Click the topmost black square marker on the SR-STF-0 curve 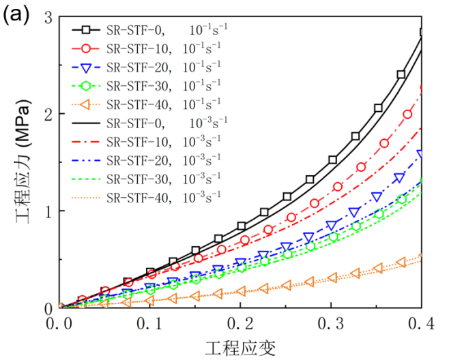423,32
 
